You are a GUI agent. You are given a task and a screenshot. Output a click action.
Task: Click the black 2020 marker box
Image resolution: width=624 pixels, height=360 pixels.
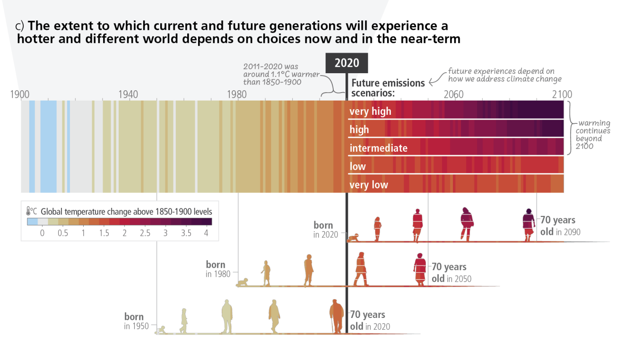[347, 63]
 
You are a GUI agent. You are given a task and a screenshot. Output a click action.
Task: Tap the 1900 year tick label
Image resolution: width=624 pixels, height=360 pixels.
[20, 94]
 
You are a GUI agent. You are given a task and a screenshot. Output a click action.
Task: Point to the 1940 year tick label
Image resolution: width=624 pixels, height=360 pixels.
[128, 94]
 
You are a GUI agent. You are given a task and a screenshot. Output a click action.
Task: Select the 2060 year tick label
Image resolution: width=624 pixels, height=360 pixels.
[453, 94]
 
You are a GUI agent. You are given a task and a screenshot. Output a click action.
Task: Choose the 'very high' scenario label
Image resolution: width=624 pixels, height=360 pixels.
[370, 111]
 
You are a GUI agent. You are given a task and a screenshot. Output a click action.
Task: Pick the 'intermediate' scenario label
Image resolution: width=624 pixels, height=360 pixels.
[378, 148]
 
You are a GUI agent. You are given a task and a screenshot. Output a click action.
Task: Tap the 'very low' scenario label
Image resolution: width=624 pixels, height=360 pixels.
[368, 185]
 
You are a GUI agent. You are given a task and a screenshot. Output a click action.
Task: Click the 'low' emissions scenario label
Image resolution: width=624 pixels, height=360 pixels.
[357, 166]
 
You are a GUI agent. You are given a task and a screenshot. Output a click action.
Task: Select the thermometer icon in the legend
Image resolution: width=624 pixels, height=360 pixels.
[28, 211]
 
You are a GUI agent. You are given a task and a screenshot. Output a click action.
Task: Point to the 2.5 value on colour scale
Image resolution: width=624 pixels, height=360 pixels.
[145, 233]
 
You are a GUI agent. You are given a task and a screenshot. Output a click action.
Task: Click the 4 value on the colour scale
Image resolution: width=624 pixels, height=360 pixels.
[206, 233]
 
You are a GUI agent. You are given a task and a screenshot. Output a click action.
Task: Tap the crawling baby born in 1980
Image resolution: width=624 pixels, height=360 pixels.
[243, 283]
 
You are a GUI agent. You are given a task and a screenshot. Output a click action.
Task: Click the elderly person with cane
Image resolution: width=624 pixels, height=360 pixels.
[337, 316]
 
